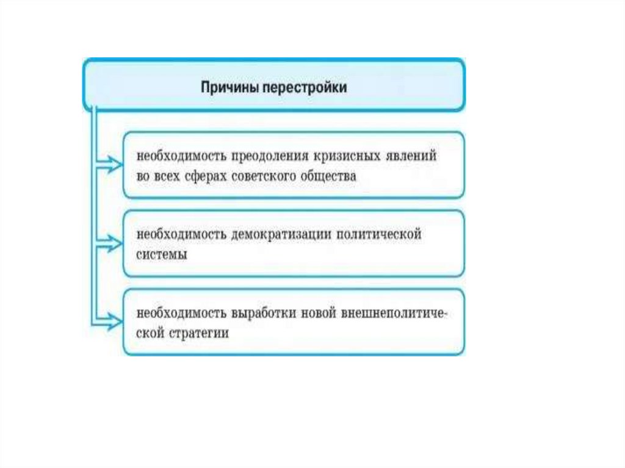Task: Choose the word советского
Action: (262, 177)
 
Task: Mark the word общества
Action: (330, 177)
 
